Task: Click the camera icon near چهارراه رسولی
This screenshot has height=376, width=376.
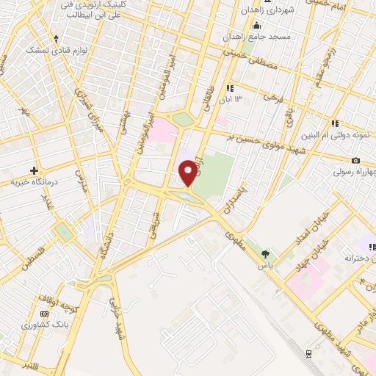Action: pos(355,160)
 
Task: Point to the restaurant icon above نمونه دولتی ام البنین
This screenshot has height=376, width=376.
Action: pos(334,123)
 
